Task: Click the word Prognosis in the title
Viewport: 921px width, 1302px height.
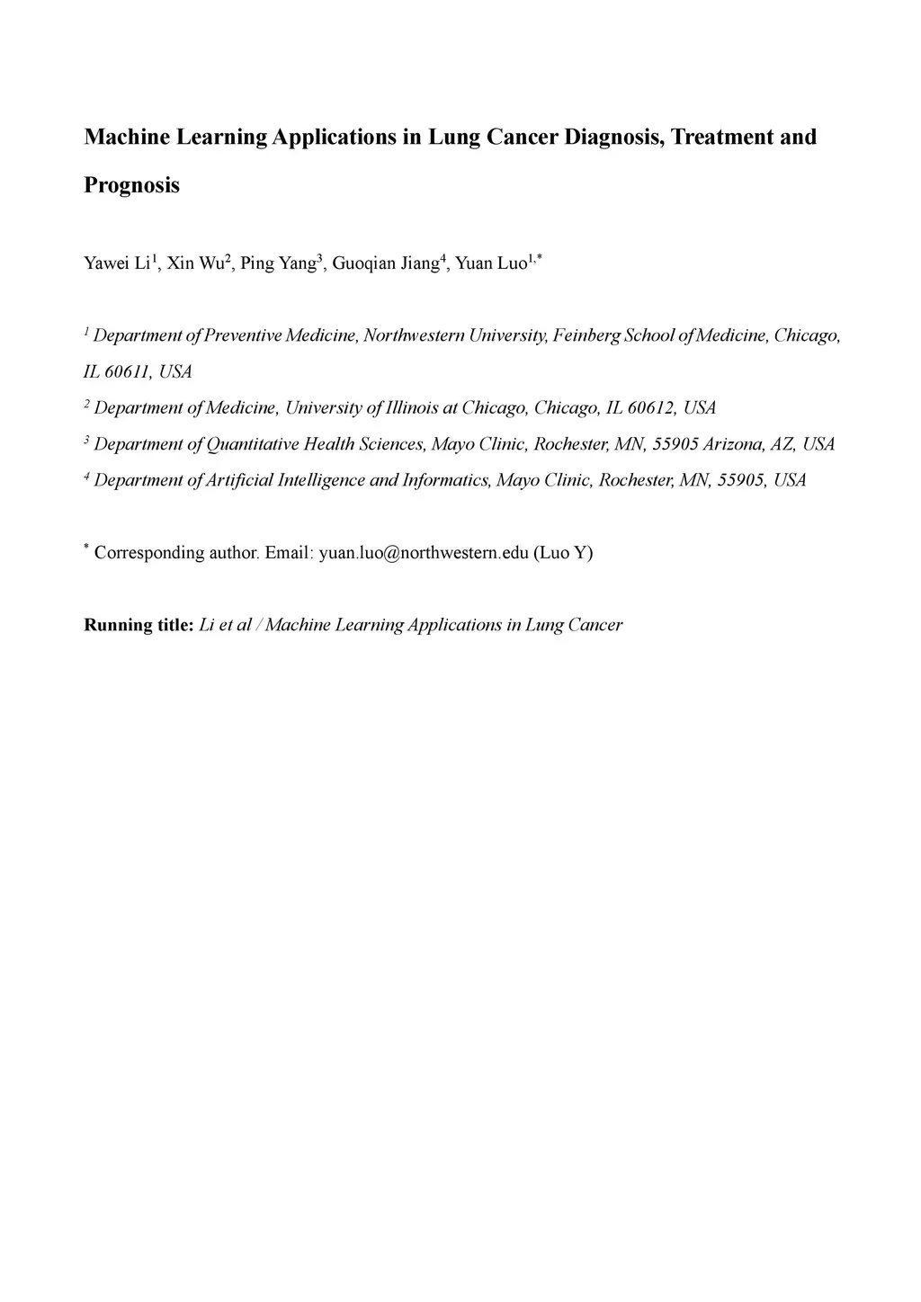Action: (x=131, y=186)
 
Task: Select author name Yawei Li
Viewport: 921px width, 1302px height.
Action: (x=117, y=263)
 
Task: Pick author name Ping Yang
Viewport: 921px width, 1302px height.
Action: (x=278, y=263)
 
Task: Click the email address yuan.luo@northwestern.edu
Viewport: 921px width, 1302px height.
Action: (x=424, y=553)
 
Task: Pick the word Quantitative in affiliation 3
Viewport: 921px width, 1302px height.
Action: (x=253, y=444)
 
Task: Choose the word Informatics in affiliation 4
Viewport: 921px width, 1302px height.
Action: (x=446, y=480)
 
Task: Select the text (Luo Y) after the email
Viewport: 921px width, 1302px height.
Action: (x=563, y=553)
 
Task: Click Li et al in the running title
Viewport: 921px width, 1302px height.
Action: (x=225, y=625)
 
